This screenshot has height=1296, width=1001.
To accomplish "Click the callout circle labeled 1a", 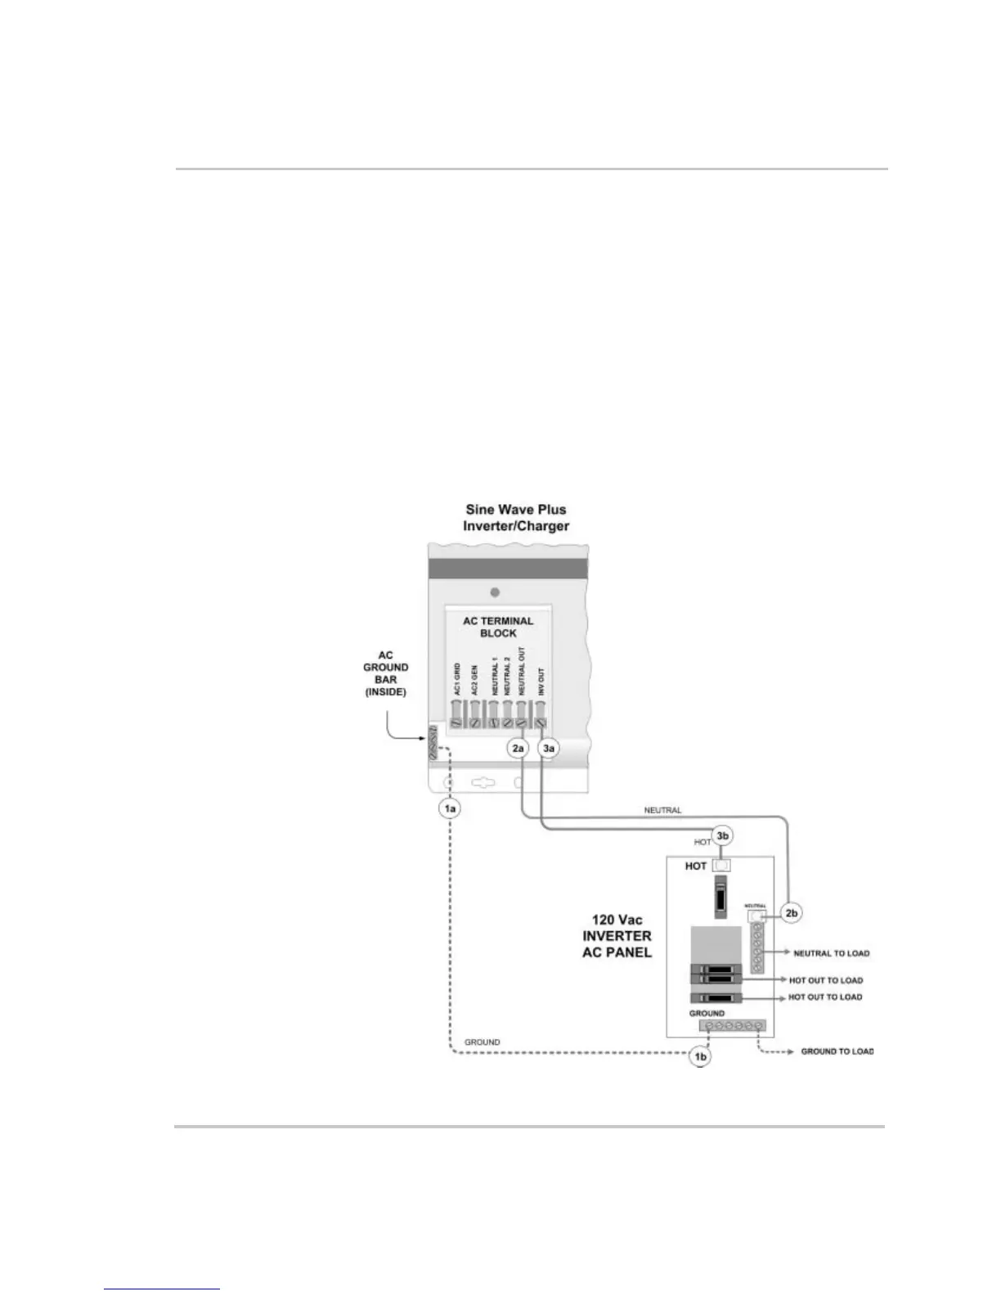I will point(449,808).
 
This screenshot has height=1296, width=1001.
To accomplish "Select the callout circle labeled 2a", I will point(518,749).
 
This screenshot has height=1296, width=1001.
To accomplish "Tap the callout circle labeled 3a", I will point(549,749).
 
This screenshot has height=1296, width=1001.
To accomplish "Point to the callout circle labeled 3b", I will point(721,836).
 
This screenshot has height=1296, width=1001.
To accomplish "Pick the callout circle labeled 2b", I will point(790,913).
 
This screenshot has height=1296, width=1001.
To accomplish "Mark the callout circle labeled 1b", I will point(700,1057).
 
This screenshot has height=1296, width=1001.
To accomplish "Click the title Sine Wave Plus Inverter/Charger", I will point(515,518).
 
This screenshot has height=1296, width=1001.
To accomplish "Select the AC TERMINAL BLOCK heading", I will point(498,627).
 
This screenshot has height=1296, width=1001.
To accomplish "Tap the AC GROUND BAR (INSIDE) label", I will point(385,673).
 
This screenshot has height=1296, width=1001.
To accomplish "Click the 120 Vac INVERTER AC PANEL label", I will point(617,936).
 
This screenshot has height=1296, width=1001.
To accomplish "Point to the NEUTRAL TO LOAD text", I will point(831,953).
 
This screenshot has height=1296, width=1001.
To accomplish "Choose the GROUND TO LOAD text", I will point(837,1051).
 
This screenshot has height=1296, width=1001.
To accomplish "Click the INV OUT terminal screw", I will point(540,722).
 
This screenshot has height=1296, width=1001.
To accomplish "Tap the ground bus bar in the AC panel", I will point(732,1025).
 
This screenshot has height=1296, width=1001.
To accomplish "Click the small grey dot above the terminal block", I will point(494,592).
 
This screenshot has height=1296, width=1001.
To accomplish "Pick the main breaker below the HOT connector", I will point(720,898).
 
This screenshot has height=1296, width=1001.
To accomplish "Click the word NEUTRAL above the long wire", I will point(662,811).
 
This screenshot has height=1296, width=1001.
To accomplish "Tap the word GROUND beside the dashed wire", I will point(483,1042).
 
